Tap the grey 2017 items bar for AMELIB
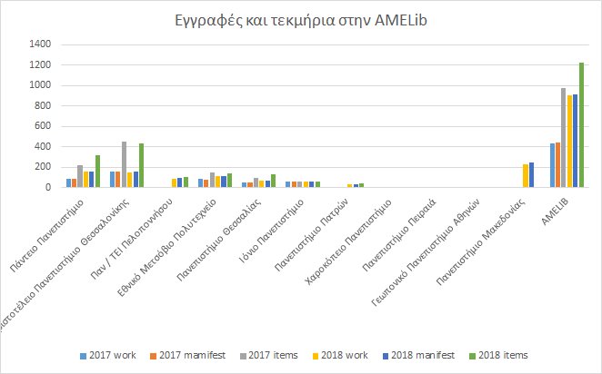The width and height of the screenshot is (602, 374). [563, 138]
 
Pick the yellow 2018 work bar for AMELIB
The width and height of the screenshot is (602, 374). [569, 142]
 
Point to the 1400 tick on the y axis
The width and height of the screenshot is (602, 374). [41, 44]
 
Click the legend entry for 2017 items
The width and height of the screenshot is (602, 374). [270, 354]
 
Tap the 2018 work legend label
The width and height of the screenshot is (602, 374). [342, 354]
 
